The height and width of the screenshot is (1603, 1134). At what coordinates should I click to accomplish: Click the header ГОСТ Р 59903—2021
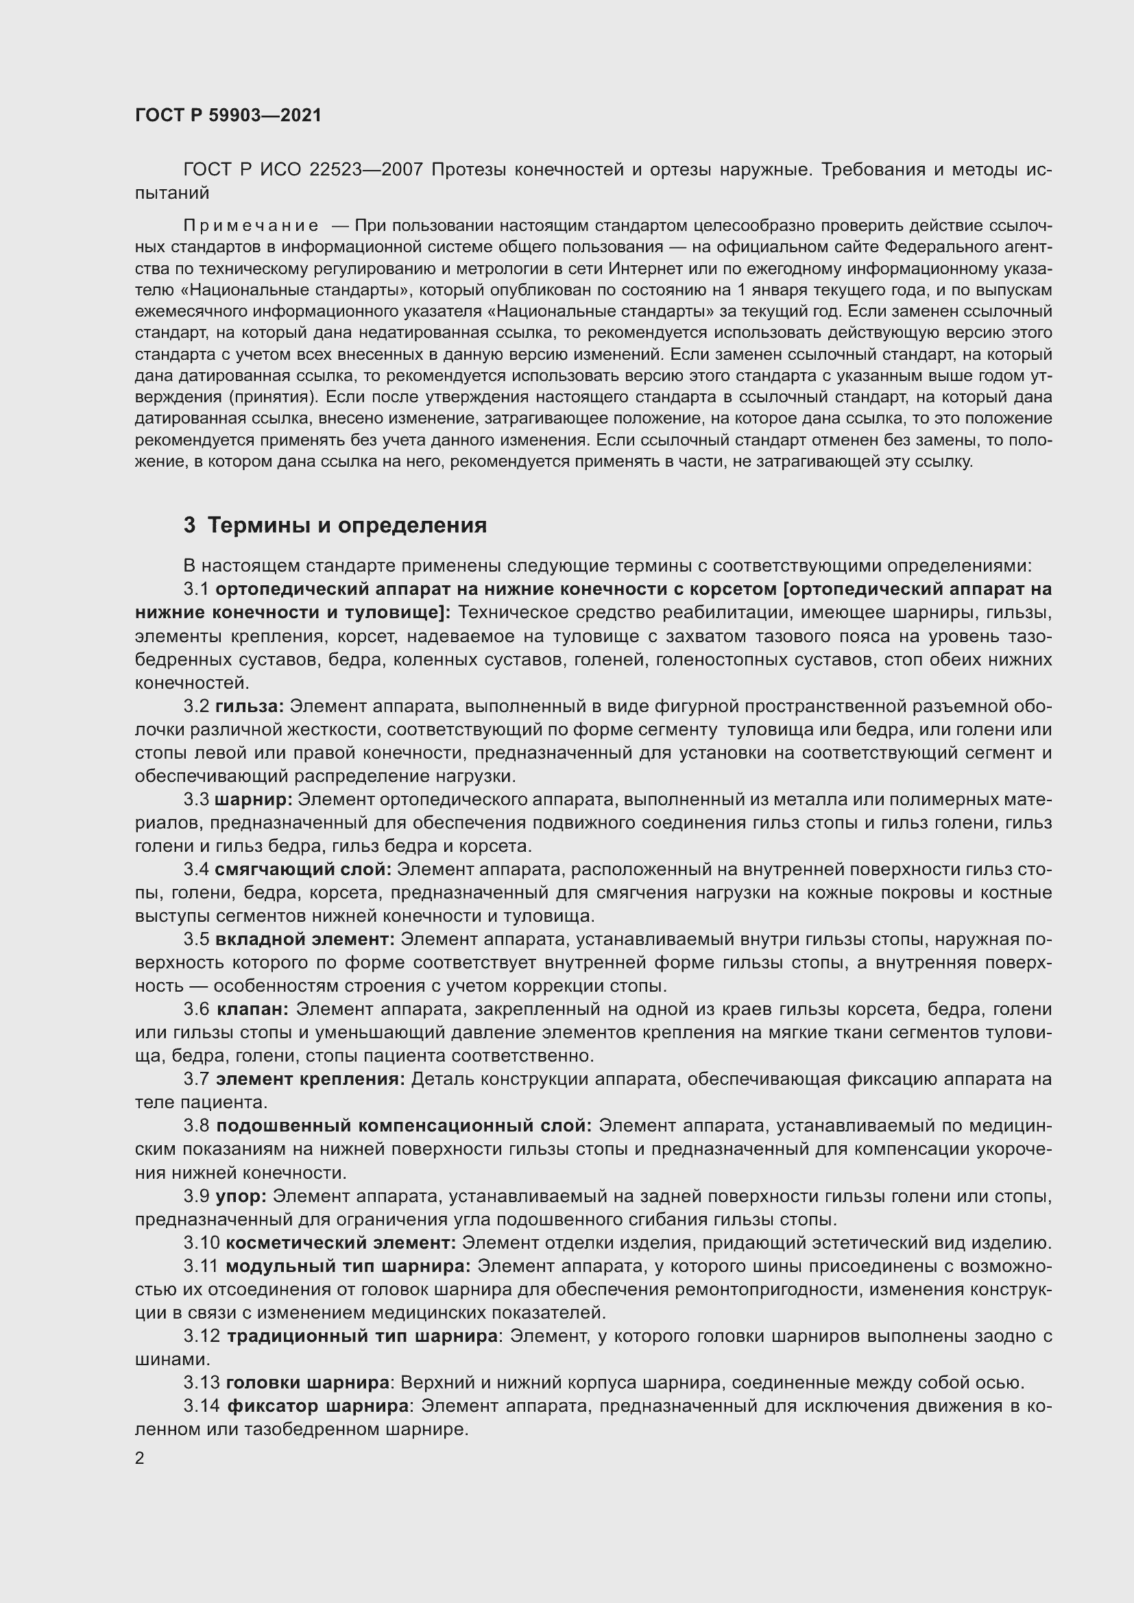[x=228, y=116]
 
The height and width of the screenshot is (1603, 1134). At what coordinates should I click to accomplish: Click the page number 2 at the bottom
[x=140, y=1458]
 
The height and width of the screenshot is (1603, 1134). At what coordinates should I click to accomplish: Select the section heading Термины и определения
[x=347, y=525]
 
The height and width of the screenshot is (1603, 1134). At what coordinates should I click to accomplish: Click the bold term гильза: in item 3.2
[x=250, y=707]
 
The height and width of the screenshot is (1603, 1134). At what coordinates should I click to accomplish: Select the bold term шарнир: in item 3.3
[x=254, y=799]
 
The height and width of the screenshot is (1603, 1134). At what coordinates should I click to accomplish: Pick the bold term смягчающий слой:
[x=303, y=869]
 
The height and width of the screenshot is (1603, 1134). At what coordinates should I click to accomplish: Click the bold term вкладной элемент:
[x=305, y=940]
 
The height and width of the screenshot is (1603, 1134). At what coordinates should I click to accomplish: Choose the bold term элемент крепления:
[x=310, y=1079]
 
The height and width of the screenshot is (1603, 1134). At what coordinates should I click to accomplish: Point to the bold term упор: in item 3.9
[x=241, y=1196]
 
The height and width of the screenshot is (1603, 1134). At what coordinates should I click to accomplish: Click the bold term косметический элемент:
[x=341, y=1243]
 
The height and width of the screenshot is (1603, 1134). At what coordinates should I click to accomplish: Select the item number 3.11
[x=201, y=1266]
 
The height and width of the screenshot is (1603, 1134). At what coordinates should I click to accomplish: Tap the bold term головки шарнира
[x=308, y=1382]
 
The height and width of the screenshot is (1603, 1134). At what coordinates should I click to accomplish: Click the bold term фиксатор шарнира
[x=317, y=1406]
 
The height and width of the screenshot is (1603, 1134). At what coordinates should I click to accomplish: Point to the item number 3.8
[x=196, y=1126]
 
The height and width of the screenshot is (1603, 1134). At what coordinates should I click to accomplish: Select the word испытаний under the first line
[x=172, y=193]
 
